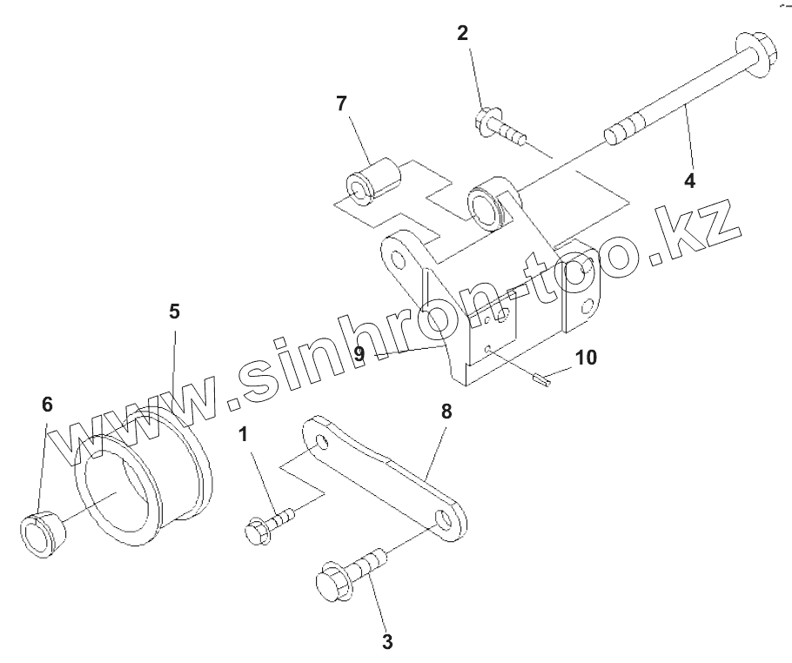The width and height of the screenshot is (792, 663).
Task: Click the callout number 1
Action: click(x=244, y=433)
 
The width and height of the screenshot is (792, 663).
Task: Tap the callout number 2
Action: click(x=462, y=34)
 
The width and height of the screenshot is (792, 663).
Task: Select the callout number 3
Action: click(x=387, y=642)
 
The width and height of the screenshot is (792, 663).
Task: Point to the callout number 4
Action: click(x=689, y=181)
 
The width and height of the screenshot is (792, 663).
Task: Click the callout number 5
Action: click(x=174, y=311)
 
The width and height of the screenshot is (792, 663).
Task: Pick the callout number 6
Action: click(x=47, y=404)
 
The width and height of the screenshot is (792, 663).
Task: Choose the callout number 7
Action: click(x=341, y=104)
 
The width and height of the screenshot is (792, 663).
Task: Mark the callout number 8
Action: click(x=446, y=412)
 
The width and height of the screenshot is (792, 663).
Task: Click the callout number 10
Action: click(x=587, y=357)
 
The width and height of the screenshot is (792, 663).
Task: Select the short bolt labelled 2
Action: click(x=500, y=127)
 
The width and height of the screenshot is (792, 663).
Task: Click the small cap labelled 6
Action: click(x=41, y=532)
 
